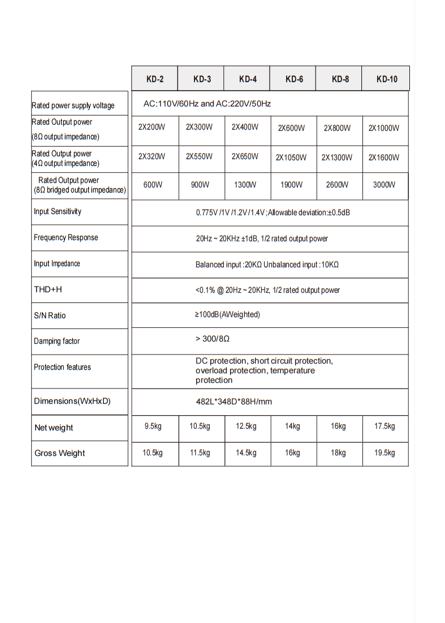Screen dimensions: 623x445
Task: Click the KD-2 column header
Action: pos(155,79)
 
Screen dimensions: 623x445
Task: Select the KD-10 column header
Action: pos(387,79)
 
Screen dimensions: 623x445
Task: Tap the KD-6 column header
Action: pos(294,79)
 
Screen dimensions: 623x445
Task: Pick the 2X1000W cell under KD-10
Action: pos(384,128)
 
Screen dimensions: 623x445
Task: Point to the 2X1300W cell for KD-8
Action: pos(337,157)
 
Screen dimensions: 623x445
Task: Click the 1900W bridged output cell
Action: pos(292,185)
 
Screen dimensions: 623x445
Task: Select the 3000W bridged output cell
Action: pos(384,185)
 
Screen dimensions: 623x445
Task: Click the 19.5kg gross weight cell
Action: pos(384,453)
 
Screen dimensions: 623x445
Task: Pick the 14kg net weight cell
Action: pos(292,426)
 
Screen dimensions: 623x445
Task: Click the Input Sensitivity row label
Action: pos(58,212)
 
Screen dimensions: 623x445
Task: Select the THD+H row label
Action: pos(48,290)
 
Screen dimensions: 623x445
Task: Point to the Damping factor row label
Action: pos(57,341)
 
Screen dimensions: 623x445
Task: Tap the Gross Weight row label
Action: pos(60,453)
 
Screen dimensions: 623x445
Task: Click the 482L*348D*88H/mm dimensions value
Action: pos(234,402)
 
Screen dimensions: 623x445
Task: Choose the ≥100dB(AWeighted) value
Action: pos(227,314)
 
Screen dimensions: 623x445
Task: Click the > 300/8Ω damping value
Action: pos(212,339)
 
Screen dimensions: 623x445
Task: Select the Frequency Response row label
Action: pos(66,238)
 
